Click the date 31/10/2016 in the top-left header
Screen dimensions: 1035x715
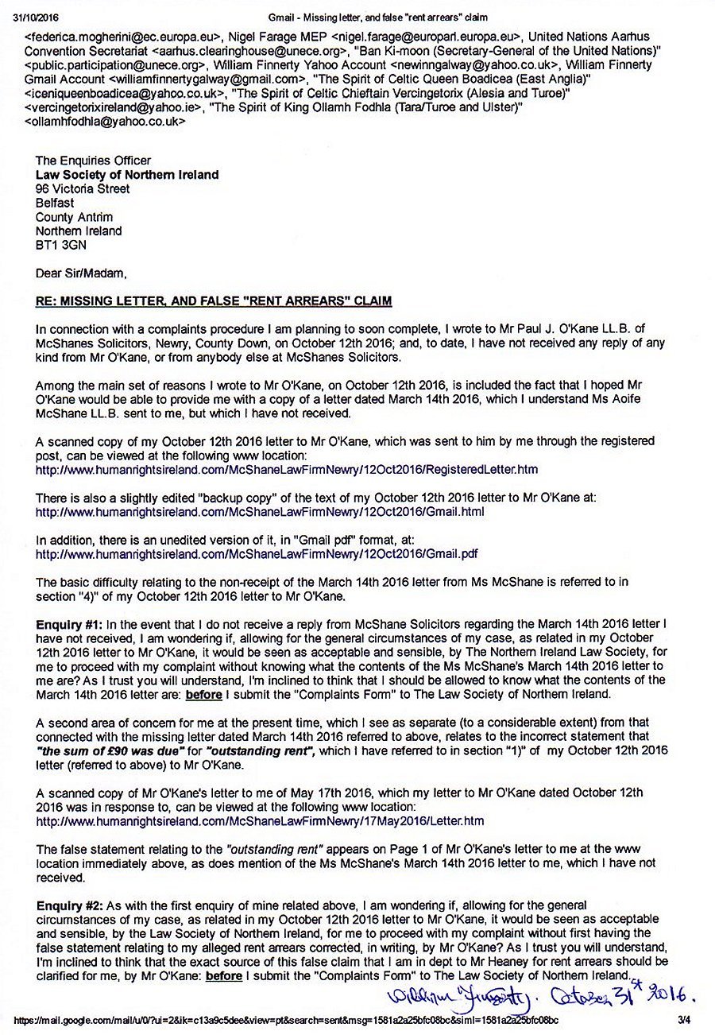coord(29,17)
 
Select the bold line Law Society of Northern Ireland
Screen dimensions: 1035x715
coord(127,175)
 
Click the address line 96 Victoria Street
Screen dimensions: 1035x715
coord(83,189)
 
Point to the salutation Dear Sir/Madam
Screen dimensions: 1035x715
coord(81,273)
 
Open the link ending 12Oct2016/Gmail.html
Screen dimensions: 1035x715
coord(260,512)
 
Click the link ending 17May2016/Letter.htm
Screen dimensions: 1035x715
coord(260,820)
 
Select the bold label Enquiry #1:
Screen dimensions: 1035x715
coord(70,624)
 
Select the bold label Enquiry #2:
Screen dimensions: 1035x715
coord(70,905)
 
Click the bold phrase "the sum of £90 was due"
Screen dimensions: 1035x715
coord(107,750)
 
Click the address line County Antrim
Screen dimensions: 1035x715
coord(75,217)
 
